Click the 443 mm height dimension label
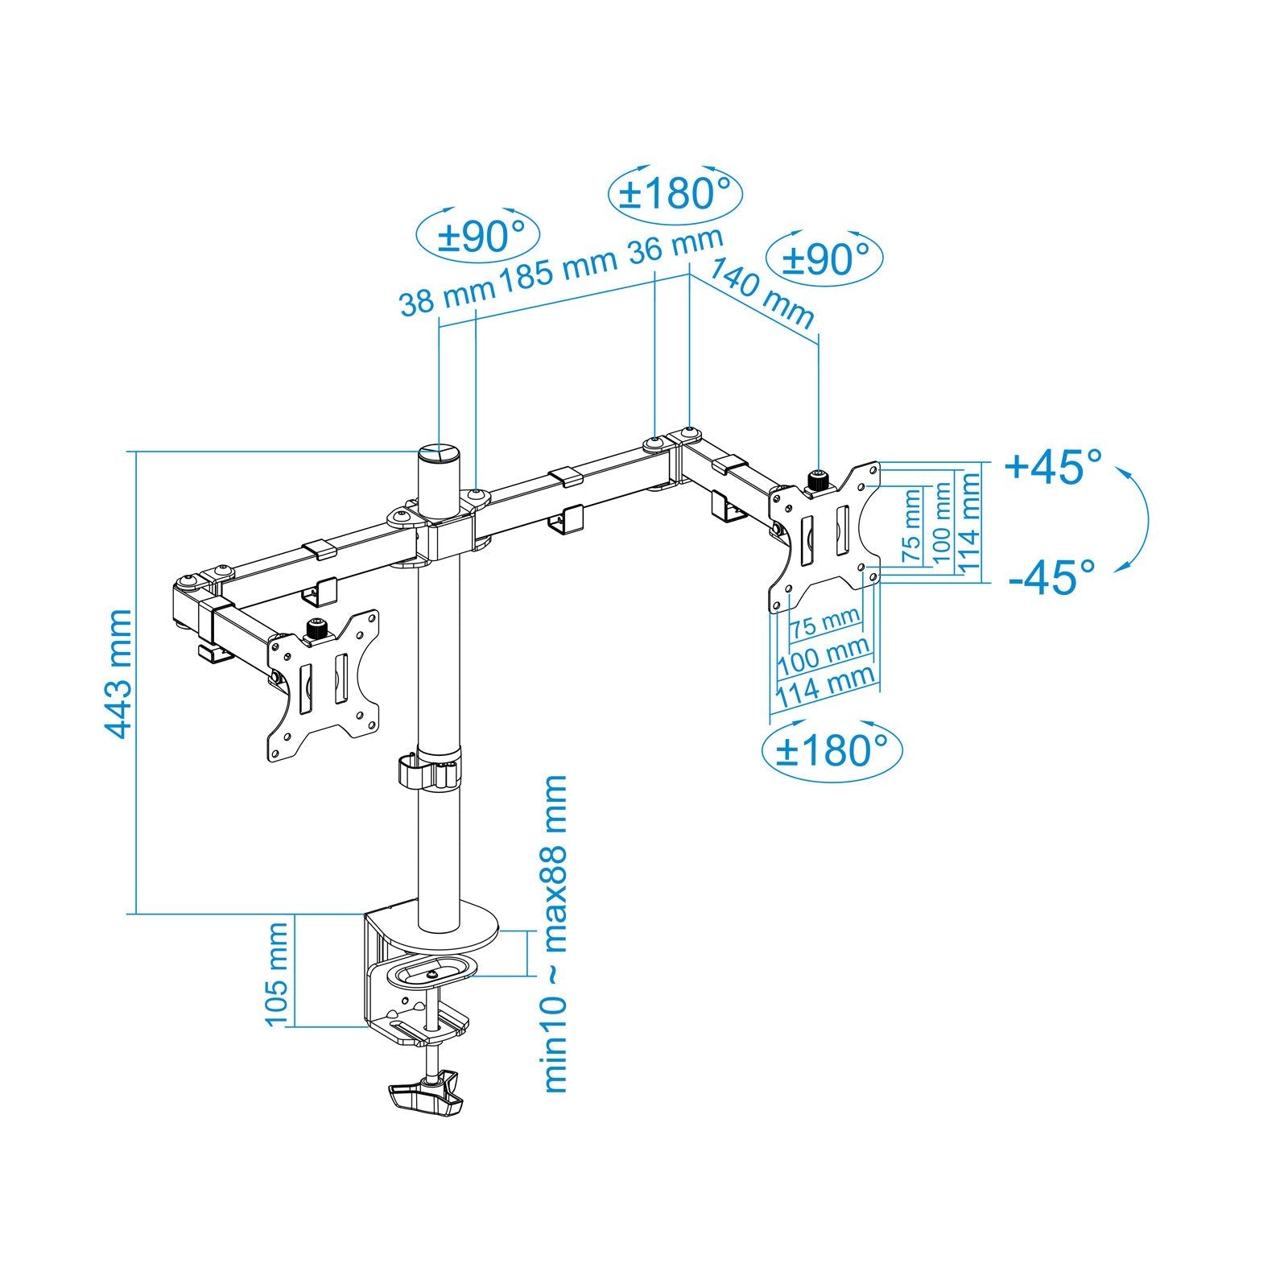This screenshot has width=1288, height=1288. pyautogui.click(x=118, y=674)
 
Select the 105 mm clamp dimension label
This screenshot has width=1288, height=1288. pyautogui.click(x=276, y=975)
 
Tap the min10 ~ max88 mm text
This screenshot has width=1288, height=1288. pyautogui.click(x=555, y=934)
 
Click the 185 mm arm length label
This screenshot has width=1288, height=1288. pyautogui.click(x=558, y=270)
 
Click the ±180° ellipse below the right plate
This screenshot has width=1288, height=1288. pyautogui.click(x=831, y=750)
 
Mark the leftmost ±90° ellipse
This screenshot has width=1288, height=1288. pyautogui.click(x=478, y=237)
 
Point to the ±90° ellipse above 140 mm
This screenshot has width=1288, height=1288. pyautogui.click(x=826, y=259)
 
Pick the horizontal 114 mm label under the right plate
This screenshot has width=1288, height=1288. pyautogui.click(x=824, y=686)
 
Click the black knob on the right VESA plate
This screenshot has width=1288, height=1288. pyautogui.click(x=819, y=481)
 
